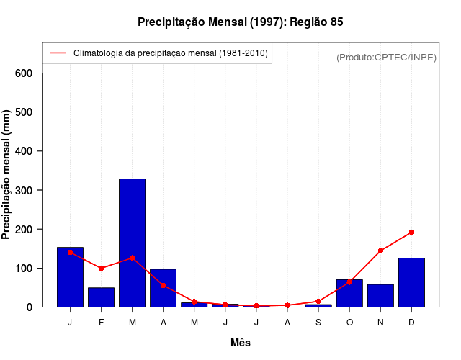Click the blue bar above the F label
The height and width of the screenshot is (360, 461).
(x=101, y=297)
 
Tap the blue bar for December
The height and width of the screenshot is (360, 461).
(x=411, y=282)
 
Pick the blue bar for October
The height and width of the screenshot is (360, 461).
(x=349, y=293)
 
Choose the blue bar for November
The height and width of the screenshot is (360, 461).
(x=380, y=295)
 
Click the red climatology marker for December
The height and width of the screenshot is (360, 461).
(x=411, y=232)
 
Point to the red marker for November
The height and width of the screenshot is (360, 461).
(x=380, y=251)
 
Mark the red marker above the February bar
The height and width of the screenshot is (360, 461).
(x=101, y=268)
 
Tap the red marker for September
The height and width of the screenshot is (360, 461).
(x=318, y=301)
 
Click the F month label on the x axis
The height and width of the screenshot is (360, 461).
(x=101, y=322)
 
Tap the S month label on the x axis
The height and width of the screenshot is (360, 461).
(x=318, y=322)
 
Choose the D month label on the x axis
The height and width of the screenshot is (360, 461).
(x=411, y=322)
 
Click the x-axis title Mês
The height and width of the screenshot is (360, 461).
(x=241, y=343)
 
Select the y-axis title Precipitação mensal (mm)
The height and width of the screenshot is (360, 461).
(x=7, y=174)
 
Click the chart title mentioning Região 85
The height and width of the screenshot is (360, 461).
(x=241, y=22)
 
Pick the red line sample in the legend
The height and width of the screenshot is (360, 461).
(x=58, y=53)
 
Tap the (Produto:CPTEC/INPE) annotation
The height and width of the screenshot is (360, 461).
(x=386, y=57)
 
